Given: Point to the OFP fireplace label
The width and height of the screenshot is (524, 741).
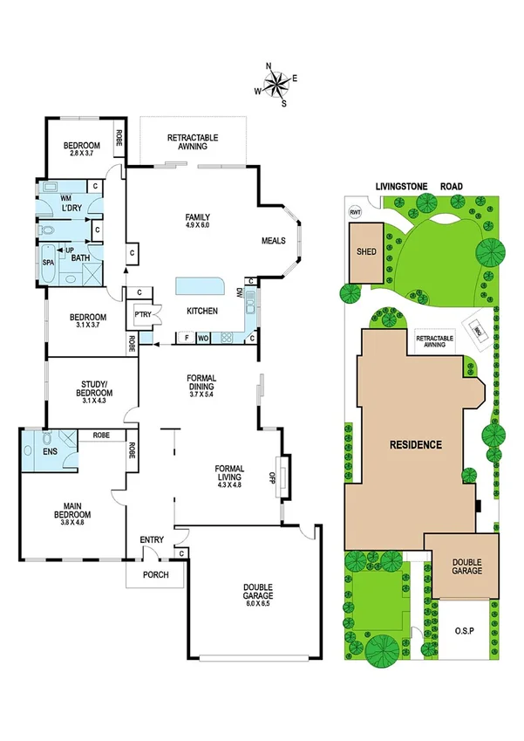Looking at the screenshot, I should pyautogui.click(x=272, y=476).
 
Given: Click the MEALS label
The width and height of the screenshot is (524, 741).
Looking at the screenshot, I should pyautogui.click(x=274, y=241).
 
